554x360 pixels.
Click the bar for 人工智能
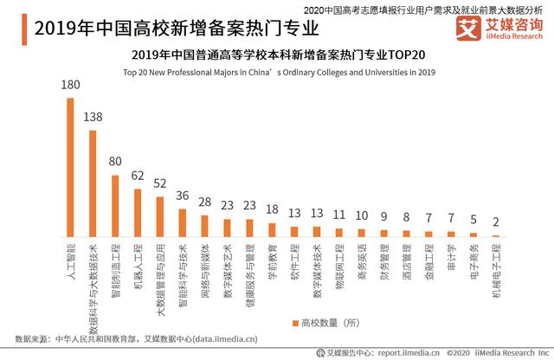coord(71,167)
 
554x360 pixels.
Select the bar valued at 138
coord(93,183)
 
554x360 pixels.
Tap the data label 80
coord(115,161)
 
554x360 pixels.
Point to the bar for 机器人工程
coord(138,213)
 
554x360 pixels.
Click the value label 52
coord(160,183)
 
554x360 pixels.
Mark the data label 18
coord(272,209)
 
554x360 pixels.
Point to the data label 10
coord(362,215)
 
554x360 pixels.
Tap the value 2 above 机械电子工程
coord(496,222)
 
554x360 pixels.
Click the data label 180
coord(71,85)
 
